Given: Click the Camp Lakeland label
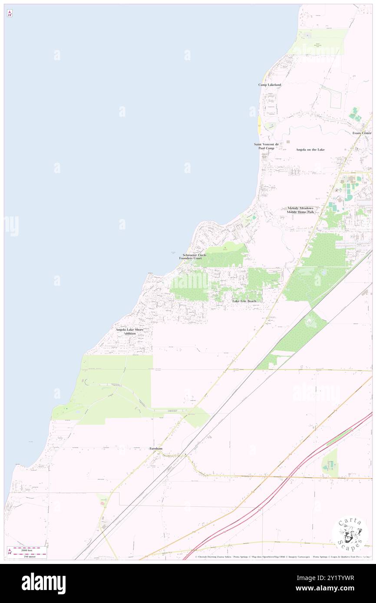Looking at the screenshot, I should [x=270, y=85].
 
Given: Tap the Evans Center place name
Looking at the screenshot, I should [x=362, y=133].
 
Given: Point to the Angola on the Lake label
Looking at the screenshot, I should [x=310, y=149].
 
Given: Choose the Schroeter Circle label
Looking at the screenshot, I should [x=195, y=255].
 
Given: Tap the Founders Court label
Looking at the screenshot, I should [x=191, y=258].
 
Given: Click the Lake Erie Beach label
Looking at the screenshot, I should [x=244, y=301].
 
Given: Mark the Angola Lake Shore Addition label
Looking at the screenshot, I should [x=129, y=331].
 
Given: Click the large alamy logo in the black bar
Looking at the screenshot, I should [x=43, y=583].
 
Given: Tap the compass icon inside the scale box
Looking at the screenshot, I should [x=10, y=551].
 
